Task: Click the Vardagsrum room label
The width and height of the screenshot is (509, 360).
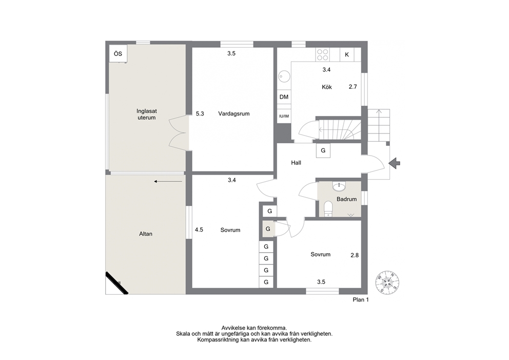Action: coord(234,113)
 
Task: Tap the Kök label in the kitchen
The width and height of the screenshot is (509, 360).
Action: coord(327,87)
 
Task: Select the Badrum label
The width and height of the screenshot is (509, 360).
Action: coord(346,199)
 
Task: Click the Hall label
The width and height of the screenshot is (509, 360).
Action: coord(296,163)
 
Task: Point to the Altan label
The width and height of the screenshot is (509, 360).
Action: coord(146,234)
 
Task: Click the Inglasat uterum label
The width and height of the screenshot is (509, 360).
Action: coord(146,115)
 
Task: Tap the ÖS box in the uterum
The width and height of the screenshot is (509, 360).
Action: coord(118,53)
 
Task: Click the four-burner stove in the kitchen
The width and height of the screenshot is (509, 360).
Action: coord(322,54)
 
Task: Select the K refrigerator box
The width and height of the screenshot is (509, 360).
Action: coord(347,54)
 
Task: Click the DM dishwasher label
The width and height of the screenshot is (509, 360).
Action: coord(284,97)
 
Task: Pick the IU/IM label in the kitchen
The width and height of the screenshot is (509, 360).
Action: coord(284,116)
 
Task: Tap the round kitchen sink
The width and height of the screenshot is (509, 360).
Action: coord(285,77)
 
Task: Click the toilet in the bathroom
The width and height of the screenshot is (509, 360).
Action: coord(328,209)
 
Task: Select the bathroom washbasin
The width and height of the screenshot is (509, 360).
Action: coord(340,186)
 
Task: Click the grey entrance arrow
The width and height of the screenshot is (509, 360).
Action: coord(395,163)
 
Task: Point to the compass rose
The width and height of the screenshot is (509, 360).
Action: coord(387,282)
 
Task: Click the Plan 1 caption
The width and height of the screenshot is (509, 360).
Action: coord(361,300)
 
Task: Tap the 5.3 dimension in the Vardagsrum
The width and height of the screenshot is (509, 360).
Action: coord(200,113)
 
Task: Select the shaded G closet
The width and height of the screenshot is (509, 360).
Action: coord(268,229)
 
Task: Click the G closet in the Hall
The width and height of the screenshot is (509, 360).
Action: coord(323,150)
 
